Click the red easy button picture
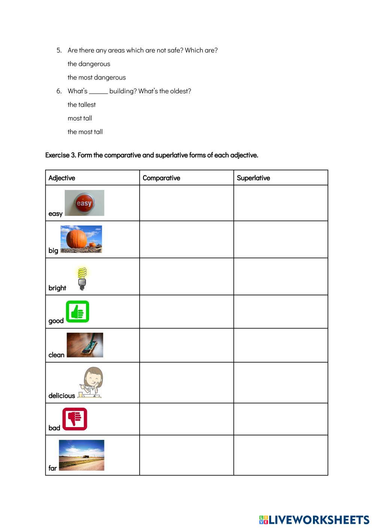pos(84,203)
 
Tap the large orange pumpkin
pos(76,239)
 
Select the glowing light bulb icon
pos(82,278)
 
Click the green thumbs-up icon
pos(77,311)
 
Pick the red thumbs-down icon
pos(75,418)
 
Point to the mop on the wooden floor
pos(85,345)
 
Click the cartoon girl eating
pos(91,382)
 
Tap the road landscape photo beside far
pos(82,455)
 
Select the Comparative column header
pos(161,178)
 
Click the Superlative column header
pos(253,178)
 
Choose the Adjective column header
pos(62,178)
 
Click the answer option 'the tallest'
pos(82,105)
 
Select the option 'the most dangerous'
pos(97,78)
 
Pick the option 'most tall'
pos(80,118)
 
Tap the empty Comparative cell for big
pos(186,239)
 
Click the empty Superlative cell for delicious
pos(281,383)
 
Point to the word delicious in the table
pos(62,396)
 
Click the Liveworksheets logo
pos(314,520)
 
